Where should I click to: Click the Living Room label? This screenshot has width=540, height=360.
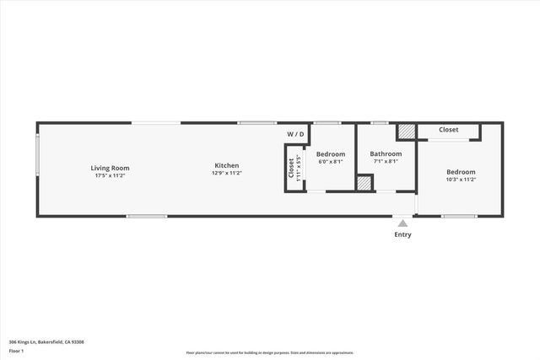point(110,168)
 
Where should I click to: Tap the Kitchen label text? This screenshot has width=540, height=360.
point(226,165)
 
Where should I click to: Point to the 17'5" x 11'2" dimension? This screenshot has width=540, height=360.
point(110,175)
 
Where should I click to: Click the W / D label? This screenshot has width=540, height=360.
point(295,134)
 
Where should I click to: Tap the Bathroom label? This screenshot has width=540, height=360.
point(386,154)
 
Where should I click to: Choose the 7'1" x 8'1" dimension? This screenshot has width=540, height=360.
point(386,162)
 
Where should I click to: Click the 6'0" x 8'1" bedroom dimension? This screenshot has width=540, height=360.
point(331,162)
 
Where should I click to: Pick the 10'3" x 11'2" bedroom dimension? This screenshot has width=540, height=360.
point(461,180)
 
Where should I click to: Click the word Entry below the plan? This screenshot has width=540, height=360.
point(403,234)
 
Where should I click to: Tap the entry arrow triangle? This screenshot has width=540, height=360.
point(403,223)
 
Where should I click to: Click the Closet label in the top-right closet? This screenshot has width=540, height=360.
point(448,130)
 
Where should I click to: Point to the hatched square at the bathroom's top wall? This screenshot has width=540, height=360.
point(407,132)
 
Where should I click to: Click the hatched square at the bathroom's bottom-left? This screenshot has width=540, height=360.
point(364,182)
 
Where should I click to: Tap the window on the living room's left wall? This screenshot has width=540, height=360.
point(37,156)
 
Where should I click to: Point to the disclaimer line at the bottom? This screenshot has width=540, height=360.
point(270,353)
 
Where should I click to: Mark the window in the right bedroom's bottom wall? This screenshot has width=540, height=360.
point(459,217)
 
